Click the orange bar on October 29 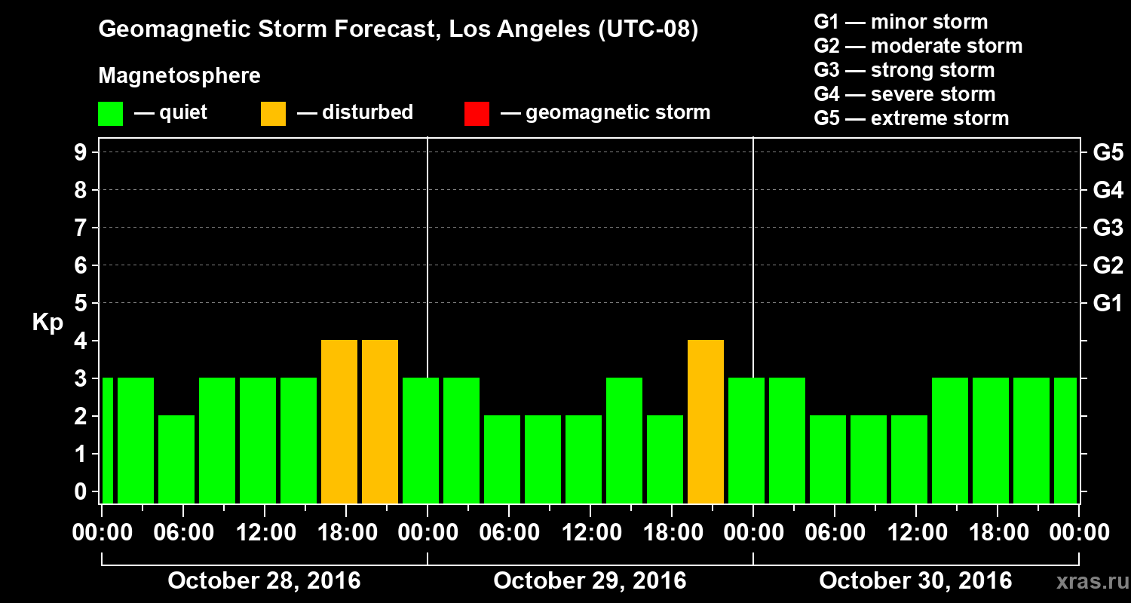click(706, 421)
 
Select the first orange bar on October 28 click(339, 421)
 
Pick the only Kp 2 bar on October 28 click(176, 459)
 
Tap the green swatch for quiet click(110, 114)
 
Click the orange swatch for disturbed click(273, 114)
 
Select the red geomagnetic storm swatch click(477, 114)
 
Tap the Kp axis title click(48, 323)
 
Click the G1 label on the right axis click(1108, 303)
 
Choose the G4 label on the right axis click(1108, 190)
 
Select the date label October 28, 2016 click(264, 581)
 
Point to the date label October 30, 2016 click(915, 581)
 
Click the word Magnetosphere click(179, 76)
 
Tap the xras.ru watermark click(1087, 581)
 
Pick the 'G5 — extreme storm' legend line click(911, 118)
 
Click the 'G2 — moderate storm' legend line click(918, 46)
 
